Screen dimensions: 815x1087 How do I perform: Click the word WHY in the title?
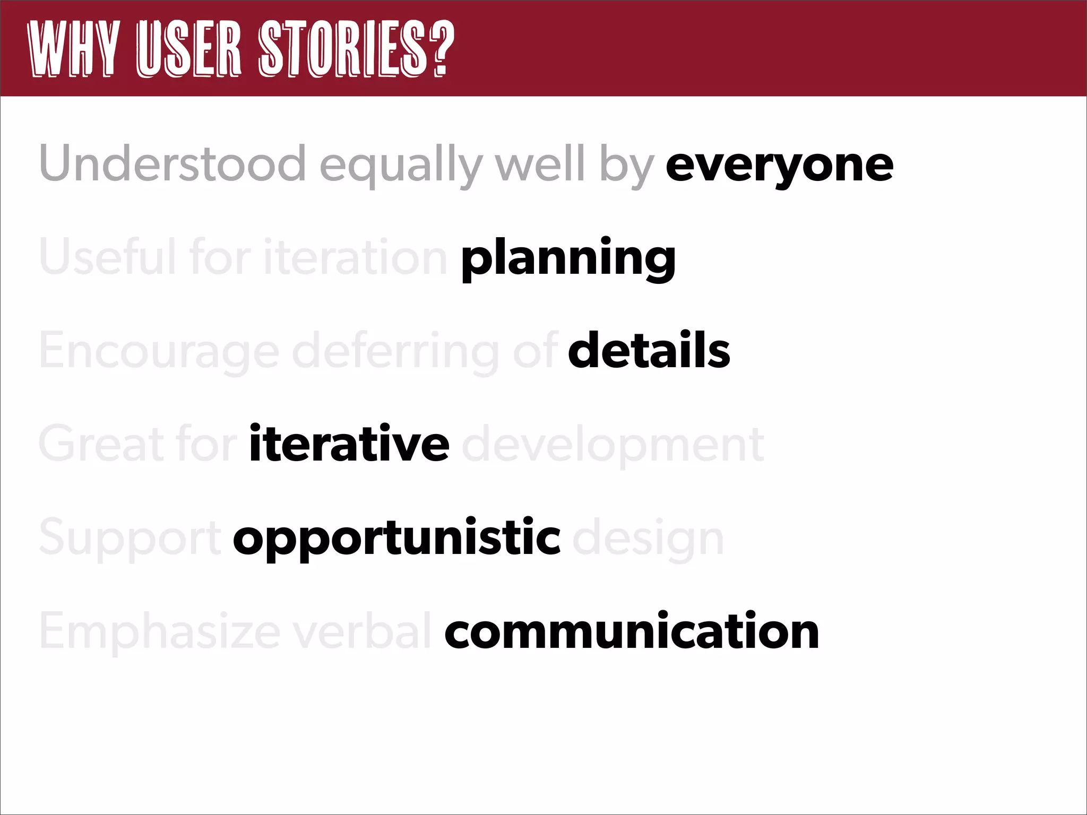point(73,49)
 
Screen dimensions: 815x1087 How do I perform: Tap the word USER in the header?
point(188,49)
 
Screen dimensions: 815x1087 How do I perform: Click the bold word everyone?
point(779,166)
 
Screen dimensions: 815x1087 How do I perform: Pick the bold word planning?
point(568,259)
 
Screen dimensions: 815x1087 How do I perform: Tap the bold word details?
point(649,351)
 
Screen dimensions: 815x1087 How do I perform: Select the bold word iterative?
point(349,444)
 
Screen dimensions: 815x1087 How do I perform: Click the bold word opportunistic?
point(396,539)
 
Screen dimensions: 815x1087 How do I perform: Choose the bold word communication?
point(632,631)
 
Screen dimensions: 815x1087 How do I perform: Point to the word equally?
point(401,166)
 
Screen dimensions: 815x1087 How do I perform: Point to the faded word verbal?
point(363,631)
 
